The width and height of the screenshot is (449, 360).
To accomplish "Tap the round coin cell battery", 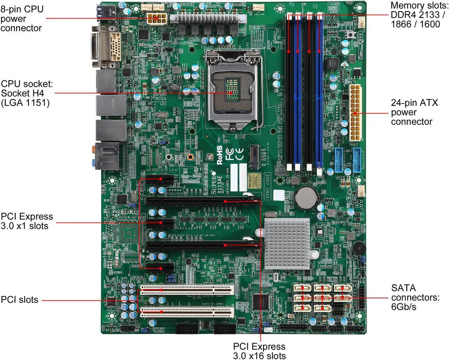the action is tap(304, 197).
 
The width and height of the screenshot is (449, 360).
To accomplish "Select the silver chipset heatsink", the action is tap(287, 244).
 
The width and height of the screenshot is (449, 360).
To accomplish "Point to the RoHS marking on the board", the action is tap(220, 155).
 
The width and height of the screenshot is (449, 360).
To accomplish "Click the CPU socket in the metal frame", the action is tap(232, 90).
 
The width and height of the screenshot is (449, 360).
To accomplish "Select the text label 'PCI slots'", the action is tap(20, 300).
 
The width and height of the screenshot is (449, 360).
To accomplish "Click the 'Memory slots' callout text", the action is tap(417, 15).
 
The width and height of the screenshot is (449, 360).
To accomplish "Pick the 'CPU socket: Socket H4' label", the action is tap(27, 93).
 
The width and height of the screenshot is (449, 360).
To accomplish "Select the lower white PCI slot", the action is tap(187, 312).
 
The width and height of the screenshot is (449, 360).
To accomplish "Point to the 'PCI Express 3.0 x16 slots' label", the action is tap(259, 351).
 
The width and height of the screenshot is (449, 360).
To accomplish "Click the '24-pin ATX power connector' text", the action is tap(414, 112).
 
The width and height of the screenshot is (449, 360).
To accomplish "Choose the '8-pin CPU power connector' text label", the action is tap(22, 18).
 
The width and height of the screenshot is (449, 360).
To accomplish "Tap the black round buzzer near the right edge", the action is tap(359, 247).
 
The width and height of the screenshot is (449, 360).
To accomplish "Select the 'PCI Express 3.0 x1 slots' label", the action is tap(27, 221).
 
